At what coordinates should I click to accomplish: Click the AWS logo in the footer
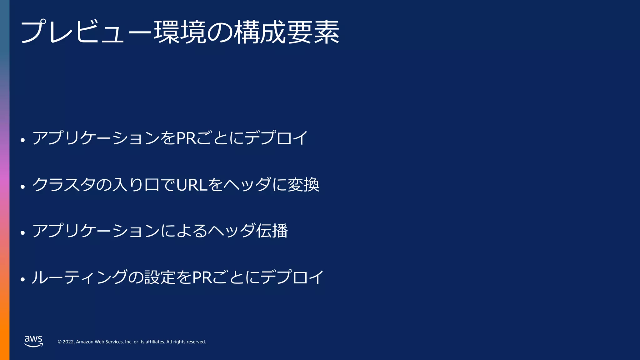(x=33, y=341)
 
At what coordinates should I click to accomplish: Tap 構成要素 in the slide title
(x=286, y=32)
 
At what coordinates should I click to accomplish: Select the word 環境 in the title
(x=180, y=32)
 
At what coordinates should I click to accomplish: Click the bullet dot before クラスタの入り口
(x=22, y=187)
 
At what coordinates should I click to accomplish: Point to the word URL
(x=192, y=185)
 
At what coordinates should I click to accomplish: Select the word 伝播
(x=272, y=231)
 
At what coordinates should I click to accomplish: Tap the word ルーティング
(x=80, y=277)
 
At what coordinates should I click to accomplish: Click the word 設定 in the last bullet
(x=160, y=277)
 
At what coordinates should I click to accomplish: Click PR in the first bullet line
(x=186, y=138)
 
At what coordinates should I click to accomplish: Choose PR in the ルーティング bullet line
(x=202, y=277)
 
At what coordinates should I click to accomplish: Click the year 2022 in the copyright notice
(x=68, y=342)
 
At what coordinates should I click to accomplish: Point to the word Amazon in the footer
(x=85, y=342)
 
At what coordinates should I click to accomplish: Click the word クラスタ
(x=64, y=185)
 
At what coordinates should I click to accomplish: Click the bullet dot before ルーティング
(x=22, y=279)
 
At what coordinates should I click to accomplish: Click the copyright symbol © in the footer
(x=59, y=342)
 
